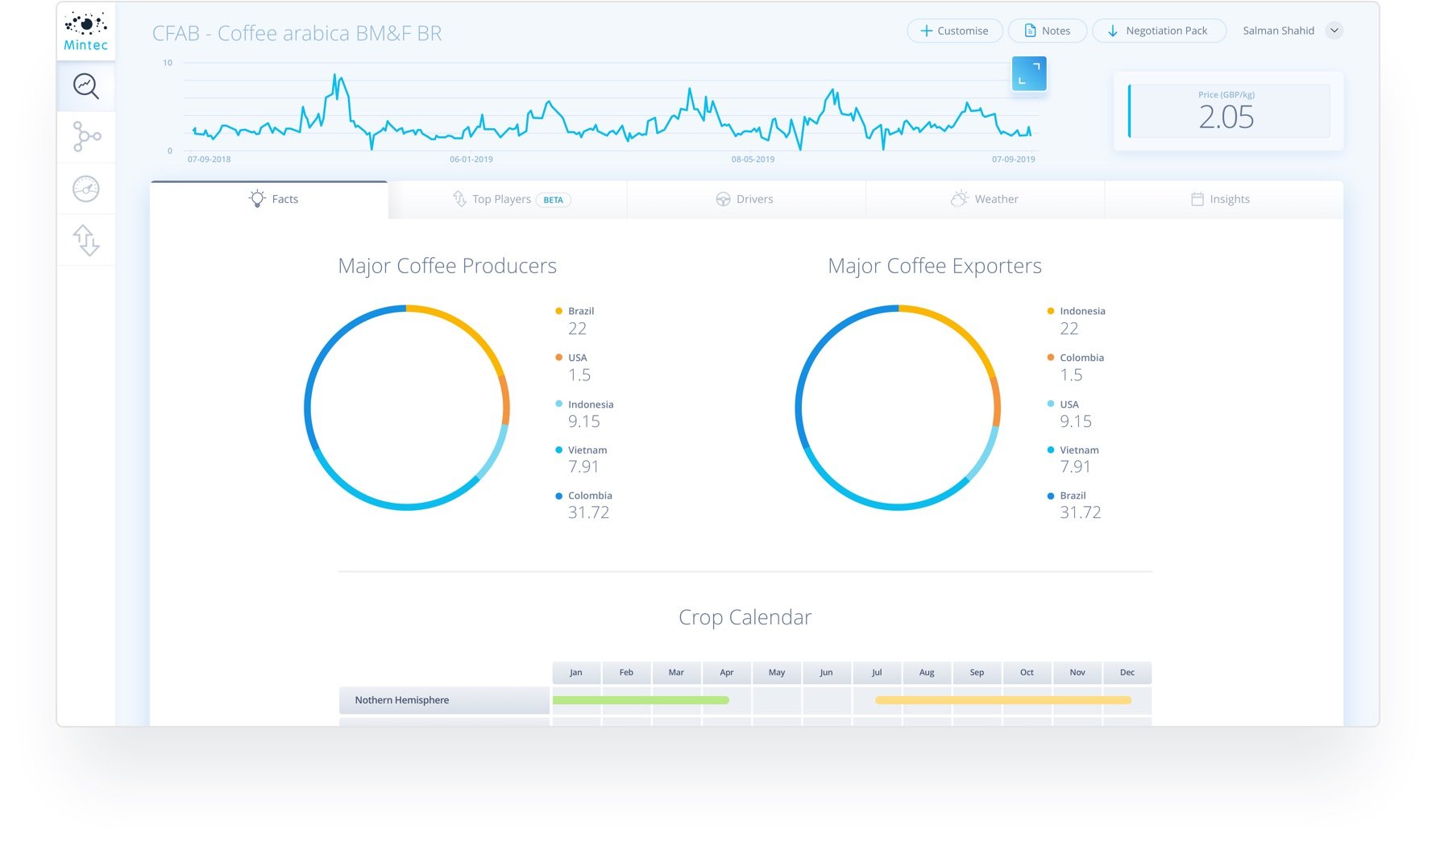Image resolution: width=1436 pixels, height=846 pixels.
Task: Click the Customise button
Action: click(955, 31)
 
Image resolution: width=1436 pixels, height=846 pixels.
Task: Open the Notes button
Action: click(1047, 31)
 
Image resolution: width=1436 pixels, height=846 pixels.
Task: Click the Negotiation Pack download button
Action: click(1158, 31)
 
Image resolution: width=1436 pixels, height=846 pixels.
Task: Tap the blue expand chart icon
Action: click(1029, 74)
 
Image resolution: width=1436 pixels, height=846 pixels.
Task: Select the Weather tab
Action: click(985, 199)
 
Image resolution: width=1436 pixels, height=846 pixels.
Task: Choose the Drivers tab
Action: click(745, 199)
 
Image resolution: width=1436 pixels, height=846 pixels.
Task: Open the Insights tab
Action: click(1221, 199)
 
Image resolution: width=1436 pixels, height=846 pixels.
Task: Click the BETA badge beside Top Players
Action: click(553, 200)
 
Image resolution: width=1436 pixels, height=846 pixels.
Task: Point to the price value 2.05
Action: click(1226, 118)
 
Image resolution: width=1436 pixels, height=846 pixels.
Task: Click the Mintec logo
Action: click(86, 31)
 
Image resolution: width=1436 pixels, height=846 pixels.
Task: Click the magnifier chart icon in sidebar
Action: click(86, 85)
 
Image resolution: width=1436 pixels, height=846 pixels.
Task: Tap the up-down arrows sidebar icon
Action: click(86, 240)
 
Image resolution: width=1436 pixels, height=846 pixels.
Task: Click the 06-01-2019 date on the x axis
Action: click(471, 160)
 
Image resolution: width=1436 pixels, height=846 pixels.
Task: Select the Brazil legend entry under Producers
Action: click(580, 311)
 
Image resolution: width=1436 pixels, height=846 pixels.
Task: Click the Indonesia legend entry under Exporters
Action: click(1081, 311)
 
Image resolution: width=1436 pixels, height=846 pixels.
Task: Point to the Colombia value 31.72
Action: click(588, 512)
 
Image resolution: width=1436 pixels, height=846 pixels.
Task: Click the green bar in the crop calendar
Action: click(641, 700)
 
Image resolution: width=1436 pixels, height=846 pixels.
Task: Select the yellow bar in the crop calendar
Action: click(1003, 700)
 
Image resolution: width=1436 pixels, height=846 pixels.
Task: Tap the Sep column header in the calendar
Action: click(977, 673)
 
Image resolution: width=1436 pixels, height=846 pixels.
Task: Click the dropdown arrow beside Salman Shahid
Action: click(1334, 31)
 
